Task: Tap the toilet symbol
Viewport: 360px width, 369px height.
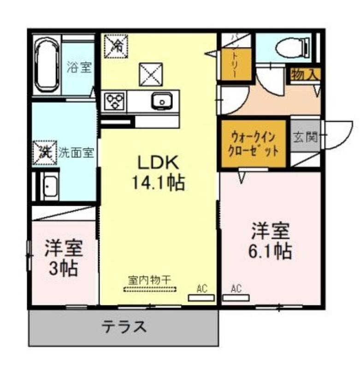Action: (x=293, y=48)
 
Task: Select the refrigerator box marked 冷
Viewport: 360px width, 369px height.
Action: (x=116, y=46)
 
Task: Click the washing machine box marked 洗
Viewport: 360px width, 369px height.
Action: (x=45, y=153)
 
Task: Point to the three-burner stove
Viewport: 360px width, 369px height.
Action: (x=114, y=101)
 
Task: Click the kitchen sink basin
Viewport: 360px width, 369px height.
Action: (x=162, y=101)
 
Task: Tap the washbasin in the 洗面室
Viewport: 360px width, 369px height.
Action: (x=49, y=186)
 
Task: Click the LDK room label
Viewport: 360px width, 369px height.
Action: (x=158, y=163)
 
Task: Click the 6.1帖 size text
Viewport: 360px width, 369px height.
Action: (x=270, y=251)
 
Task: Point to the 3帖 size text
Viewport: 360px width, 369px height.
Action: (x=63, y=268)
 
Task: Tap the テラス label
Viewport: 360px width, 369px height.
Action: (x=124, y=327)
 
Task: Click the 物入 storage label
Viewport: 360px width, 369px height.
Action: (x=305, y=75)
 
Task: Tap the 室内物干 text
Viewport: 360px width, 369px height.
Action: (x=149, y=280)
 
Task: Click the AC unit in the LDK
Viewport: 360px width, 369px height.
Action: (x=201, y=298)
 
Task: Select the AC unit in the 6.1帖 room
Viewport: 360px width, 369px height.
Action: (x=236, y=298)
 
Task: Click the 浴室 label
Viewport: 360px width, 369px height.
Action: (x=79, y=67)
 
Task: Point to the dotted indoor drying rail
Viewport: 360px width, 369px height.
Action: (x=150, y=289)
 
